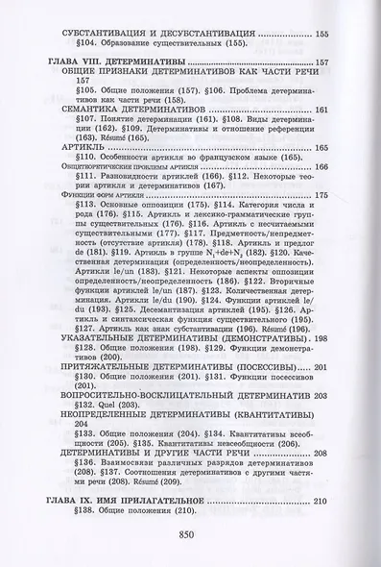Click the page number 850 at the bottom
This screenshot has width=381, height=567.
coord(191,537)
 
